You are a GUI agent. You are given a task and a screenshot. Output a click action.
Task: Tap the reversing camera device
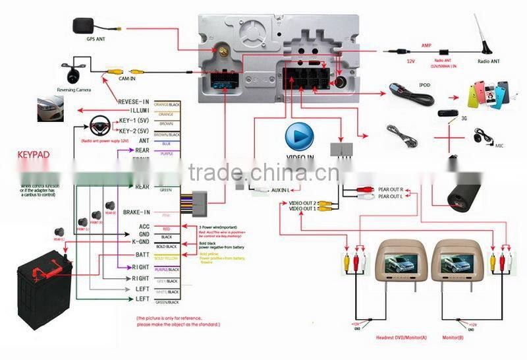pos(71,70)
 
